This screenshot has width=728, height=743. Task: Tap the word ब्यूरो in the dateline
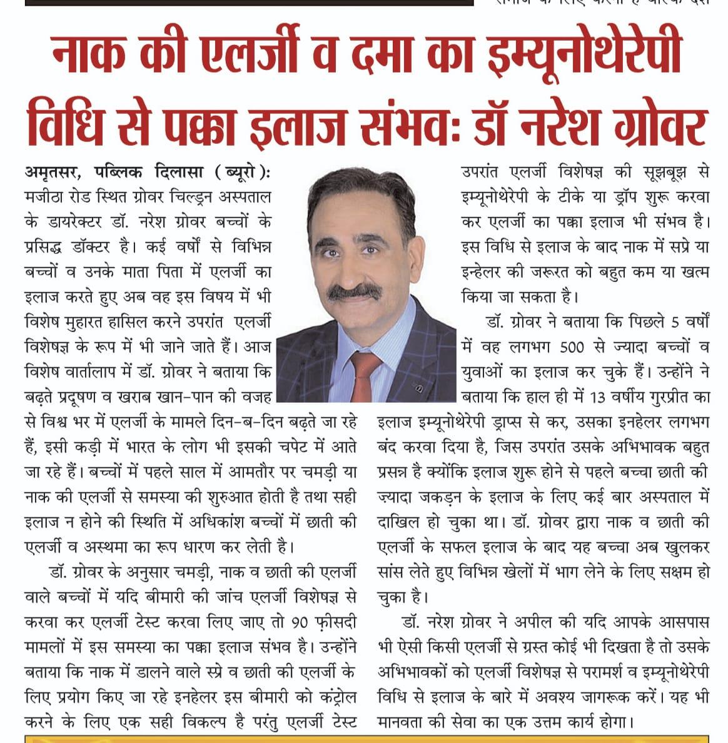point(236,172)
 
